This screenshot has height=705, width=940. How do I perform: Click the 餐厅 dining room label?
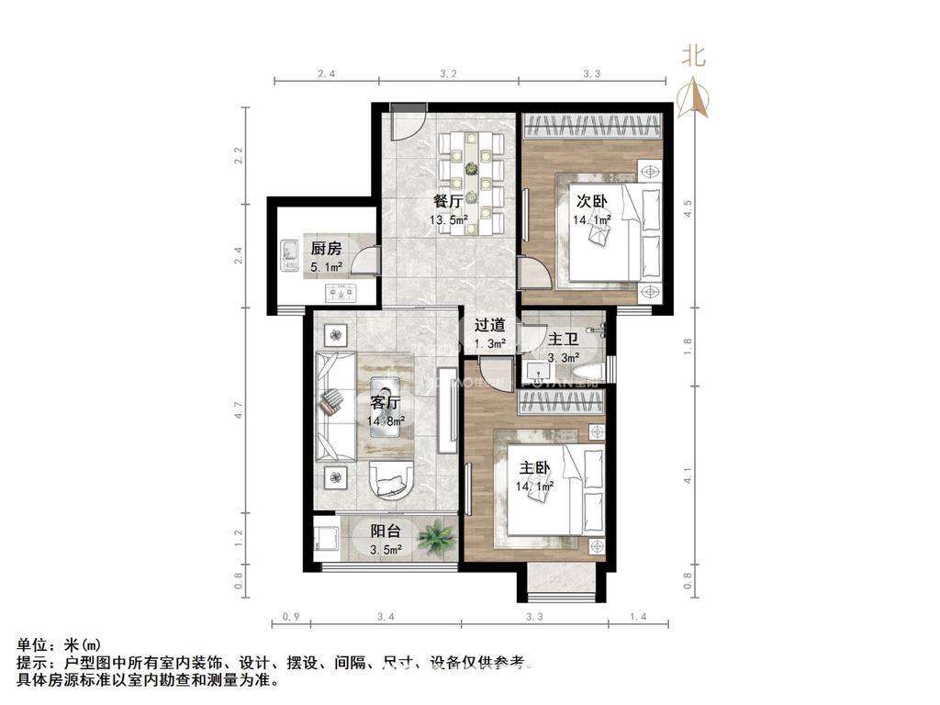tap(447, 202)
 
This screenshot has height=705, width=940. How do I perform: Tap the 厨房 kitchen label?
tap(325, 249)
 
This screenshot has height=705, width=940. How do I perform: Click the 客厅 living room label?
tap(386, 403)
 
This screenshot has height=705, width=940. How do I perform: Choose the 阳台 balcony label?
tap(385, 532)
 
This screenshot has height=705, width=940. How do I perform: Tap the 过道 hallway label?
tap(489, 325)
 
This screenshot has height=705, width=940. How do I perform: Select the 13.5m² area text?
tap(449, 220)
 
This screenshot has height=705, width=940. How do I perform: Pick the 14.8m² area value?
tap(386, 421)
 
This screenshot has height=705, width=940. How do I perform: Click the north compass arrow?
tap(694, 96)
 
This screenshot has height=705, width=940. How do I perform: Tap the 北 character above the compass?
tap(693, 56)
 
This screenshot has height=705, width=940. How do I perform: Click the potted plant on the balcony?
tap(435, 534)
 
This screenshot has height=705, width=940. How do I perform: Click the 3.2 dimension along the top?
tap(448, 73)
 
